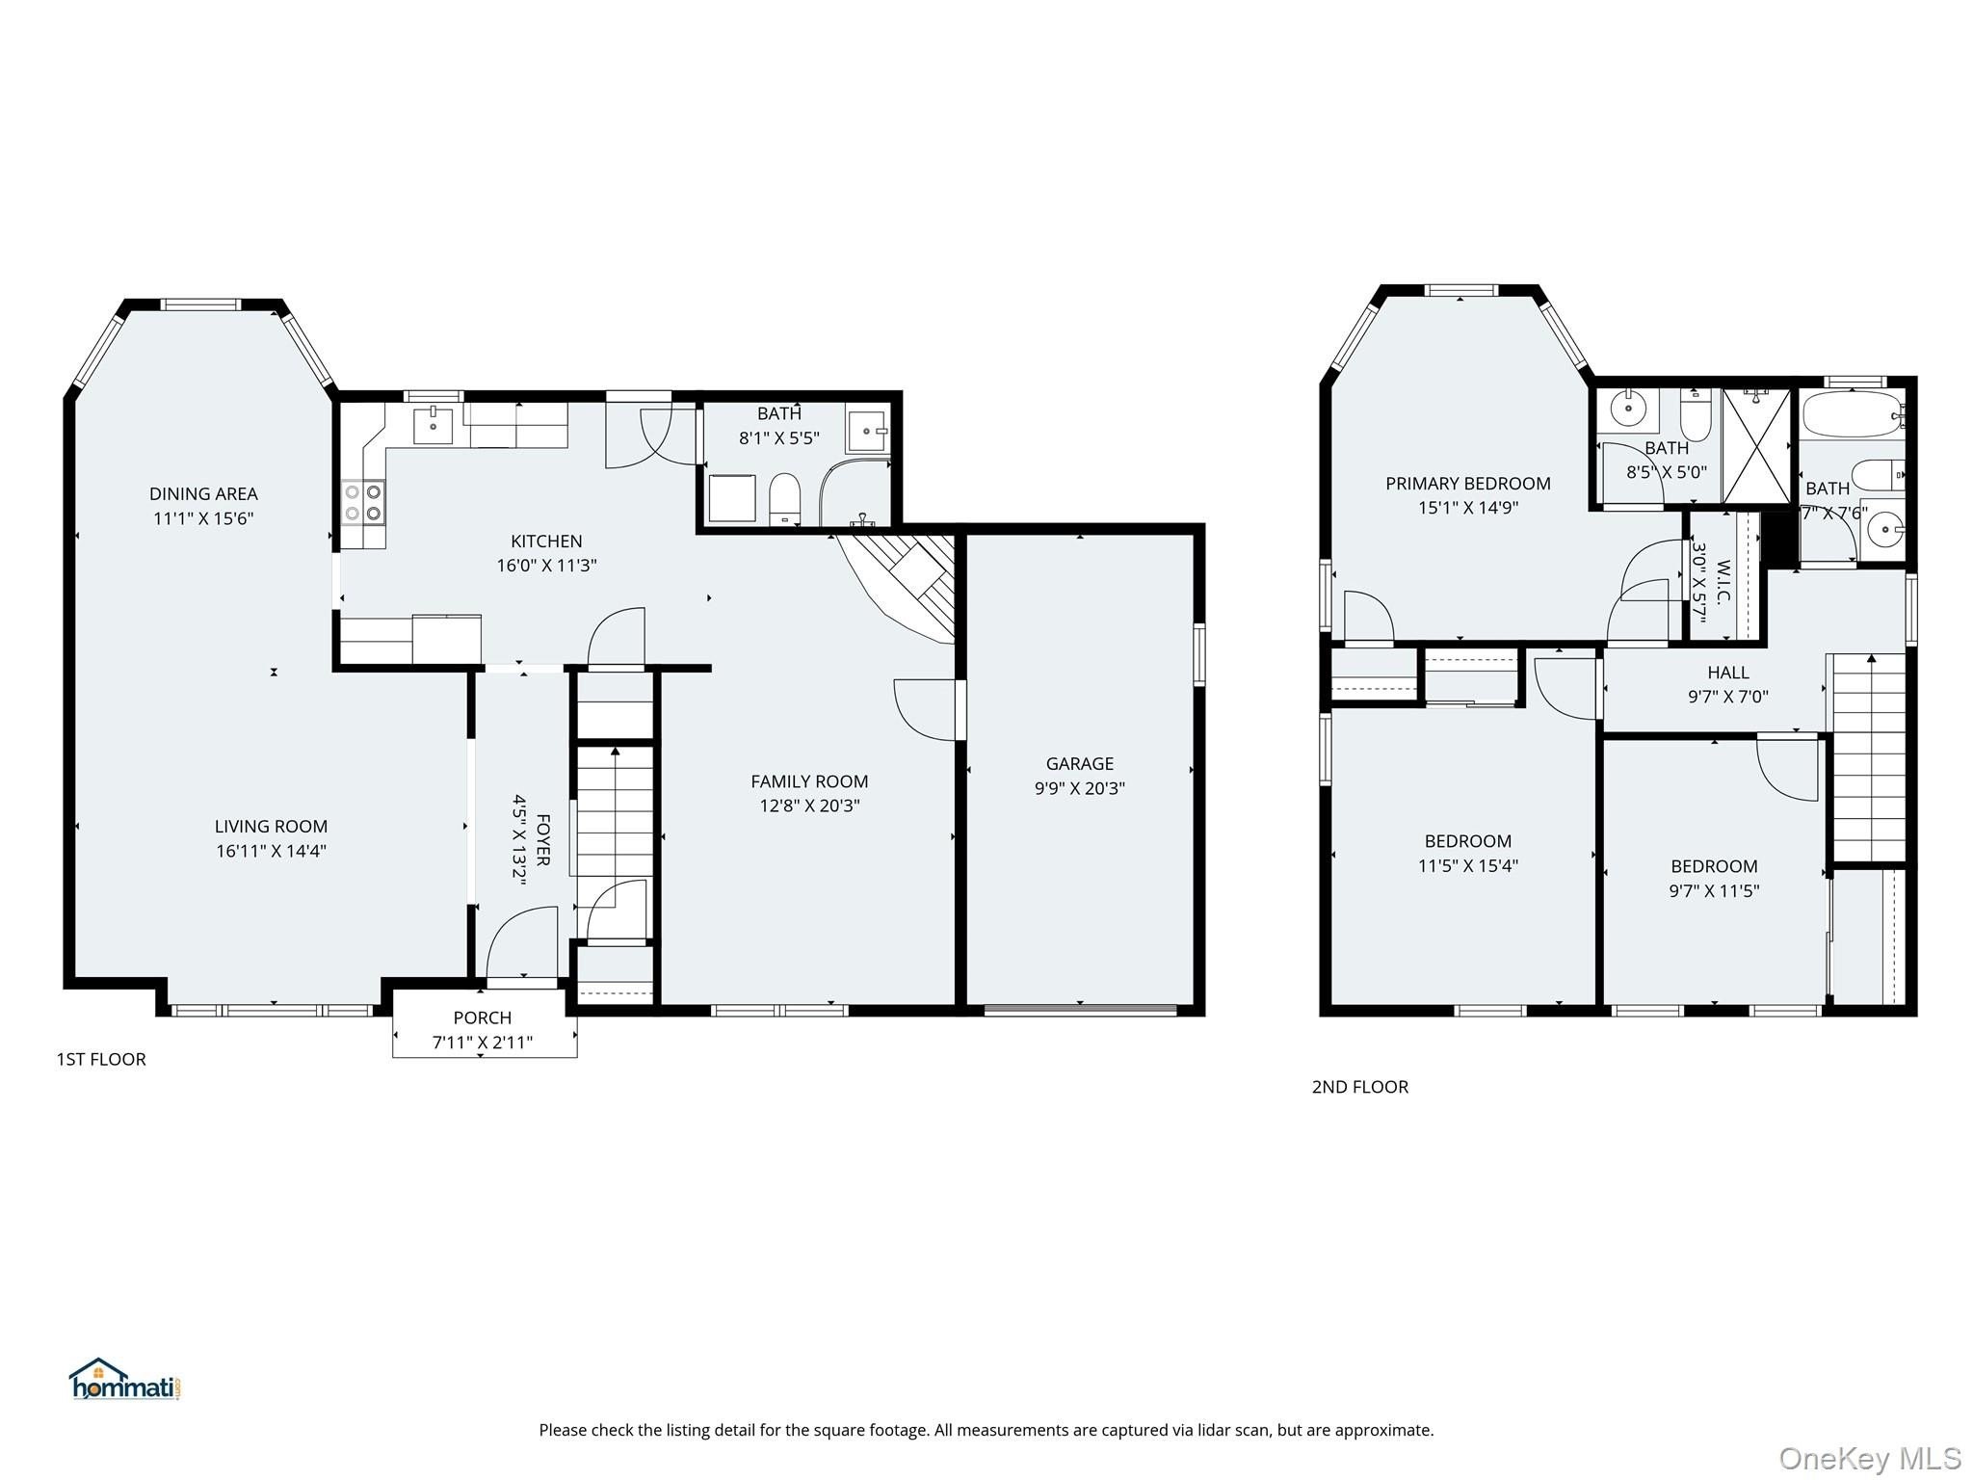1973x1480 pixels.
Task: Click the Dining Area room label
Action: point(203,494)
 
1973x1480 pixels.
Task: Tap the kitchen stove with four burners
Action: point(363,502)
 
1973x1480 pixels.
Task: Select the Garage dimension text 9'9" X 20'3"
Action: point(1079,788)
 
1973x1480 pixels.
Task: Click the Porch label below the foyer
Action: point(483,1017)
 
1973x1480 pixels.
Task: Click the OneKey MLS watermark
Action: point(1869,1458)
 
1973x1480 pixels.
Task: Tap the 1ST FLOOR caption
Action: point(101,1059)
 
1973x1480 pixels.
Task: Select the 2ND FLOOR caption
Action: point(1359,1087)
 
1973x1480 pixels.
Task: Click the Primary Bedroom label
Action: point(1468,484)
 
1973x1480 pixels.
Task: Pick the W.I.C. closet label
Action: point(1723,582)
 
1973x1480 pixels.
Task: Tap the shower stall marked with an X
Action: point(1756,445)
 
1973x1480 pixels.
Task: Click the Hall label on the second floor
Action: point(1728,673)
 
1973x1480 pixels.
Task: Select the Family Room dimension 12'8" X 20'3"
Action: point(809,806)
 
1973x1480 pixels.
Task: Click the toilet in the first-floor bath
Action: point(785,500)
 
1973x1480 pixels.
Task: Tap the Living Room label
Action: point(271,827)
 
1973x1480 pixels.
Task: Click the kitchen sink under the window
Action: point(434,425)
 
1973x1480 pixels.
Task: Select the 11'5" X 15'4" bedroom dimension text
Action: point(1468,866)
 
